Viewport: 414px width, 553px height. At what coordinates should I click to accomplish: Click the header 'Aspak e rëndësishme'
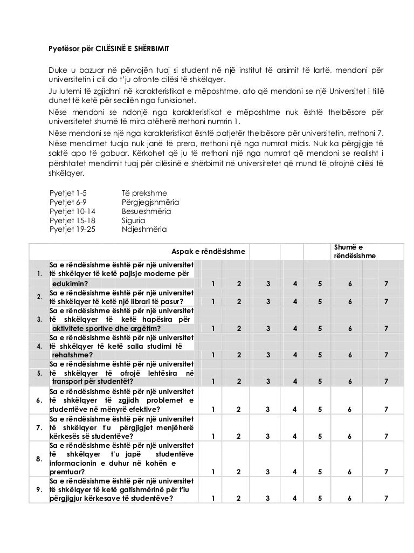point(208,251)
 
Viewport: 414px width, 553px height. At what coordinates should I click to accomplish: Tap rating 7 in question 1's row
point(385,284)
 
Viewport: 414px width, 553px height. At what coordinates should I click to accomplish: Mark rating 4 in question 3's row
point(295,328)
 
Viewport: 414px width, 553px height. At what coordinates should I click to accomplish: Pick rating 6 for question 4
point(351,355)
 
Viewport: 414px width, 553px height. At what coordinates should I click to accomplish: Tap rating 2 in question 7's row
point(239,436)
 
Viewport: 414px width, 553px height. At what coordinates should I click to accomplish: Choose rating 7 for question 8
point(385,472)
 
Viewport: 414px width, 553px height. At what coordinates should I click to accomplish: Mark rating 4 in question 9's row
point(295,499)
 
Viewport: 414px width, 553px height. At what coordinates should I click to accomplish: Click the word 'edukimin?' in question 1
point(70,284)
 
